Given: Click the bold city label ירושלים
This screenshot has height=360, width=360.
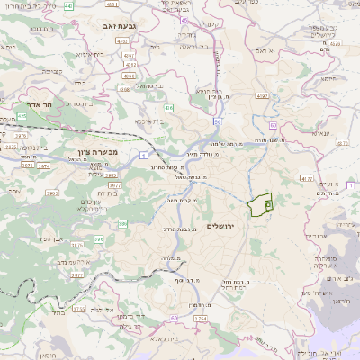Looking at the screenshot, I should pyautogui.click(x=220, y=225).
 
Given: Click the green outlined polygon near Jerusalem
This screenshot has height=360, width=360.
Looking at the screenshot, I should pyautogui.click(x=261, y=205).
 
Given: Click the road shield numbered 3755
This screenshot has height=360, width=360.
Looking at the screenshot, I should pyautogui.click(x=80, y=308).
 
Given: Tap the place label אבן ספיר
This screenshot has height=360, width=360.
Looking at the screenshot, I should pyautogui.click(x=53, y=238).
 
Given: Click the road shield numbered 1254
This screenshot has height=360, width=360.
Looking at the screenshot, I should pyautogui.click(x=200, y=319).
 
